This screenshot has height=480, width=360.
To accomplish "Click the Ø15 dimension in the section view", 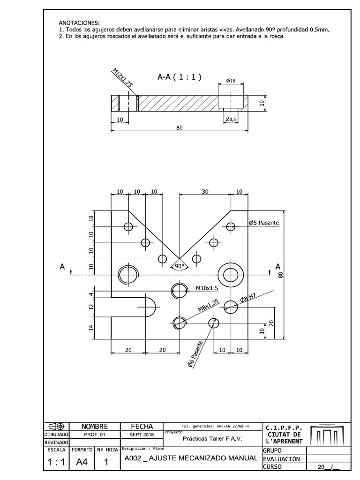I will point(230,81).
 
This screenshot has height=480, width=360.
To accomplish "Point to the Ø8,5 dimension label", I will point(231,120).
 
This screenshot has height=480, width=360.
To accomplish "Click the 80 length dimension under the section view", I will point(179,127).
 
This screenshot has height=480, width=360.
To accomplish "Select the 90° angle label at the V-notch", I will point(179,266).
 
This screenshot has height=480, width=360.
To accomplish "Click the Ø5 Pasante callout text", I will point(263,223).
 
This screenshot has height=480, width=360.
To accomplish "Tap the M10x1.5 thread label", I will point(207,289).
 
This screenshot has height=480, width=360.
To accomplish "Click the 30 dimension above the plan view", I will point(204,192).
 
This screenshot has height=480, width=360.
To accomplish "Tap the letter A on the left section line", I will point(62,266).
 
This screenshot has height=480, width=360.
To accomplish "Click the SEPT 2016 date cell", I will point(141,435).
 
